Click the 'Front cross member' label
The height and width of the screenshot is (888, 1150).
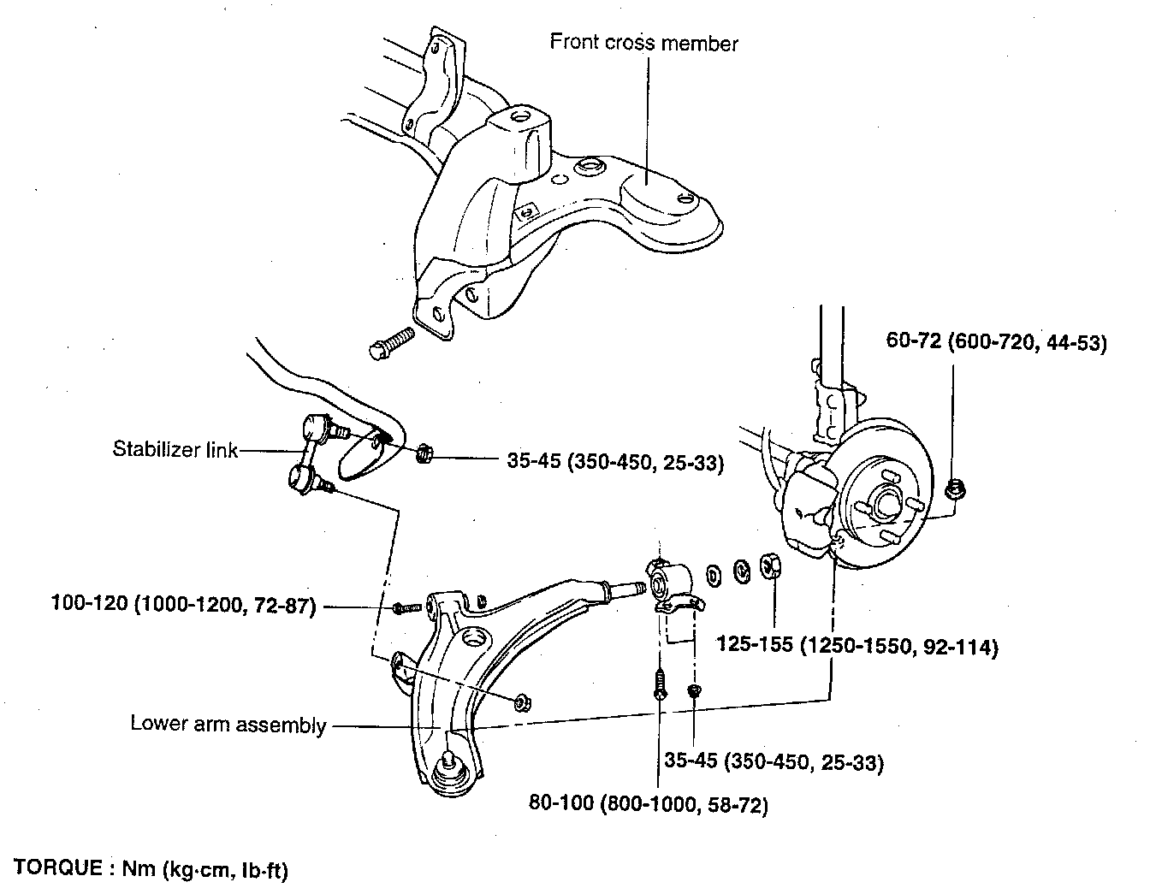click(x=643, y=43)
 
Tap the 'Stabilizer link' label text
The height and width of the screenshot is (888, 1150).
click(x=175, y=449)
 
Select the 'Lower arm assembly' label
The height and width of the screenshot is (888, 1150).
click(x=228, y=724)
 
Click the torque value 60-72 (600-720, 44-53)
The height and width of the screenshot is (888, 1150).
click(x=997, y=342)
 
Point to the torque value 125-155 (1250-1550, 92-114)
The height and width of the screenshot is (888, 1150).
click(x=857, y=646)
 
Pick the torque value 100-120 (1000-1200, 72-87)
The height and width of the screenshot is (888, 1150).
click(x=184, y=605)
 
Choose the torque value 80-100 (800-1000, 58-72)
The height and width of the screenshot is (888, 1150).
click(x=649, y=804)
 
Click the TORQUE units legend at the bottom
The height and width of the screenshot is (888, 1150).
click(x=151, y=869)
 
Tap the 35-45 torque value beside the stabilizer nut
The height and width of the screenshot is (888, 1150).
click(x=615, y=462)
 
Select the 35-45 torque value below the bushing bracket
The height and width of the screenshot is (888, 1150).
click(x=774, y=761)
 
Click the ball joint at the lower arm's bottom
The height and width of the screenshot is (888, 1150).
click(x=450, y=773)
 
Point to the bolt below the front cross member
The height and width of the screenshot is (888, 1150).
click(x=390, y=343)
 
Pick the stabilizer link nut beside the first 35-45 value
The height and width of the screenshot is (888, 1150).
click(x=424, y=453)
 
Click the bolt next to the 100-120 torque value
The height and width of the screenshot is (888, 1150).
click(x=406, y=608)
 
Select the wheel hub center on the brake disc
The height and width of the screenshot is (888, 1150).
click(x=886, y=501)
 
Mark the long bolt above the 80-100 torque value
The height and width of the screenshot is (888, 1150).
click(x=661, y=684)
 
